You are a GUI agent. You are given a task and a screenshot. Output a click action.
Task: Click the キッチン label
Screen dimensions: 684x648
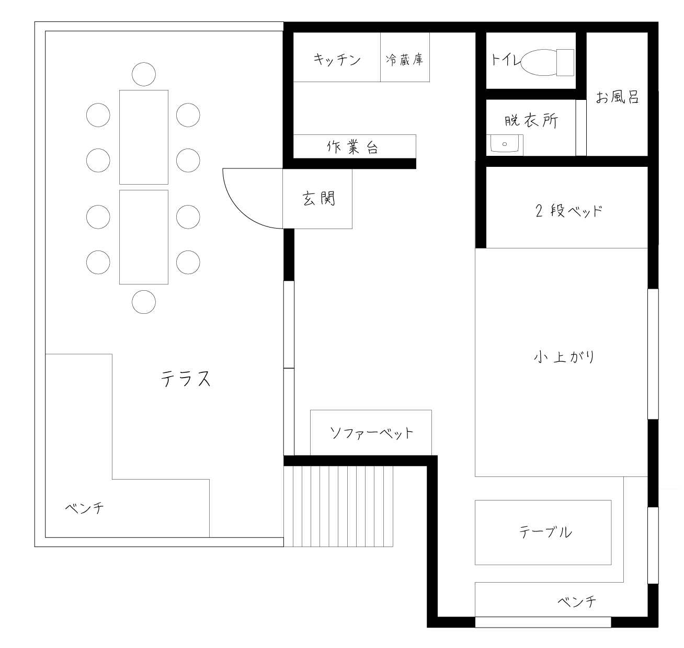coord(337,60)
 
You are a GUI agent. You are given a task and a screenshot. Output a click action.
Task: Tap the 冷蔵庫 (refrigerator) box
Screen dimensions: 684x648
coord(405,57)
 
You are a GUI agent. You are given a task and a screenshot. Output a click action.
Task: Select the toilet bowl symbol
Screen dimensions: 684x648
coord(539,62)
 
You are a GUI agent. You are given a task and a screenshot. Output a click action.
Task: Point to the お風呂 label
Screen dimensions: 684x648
coord(617,97)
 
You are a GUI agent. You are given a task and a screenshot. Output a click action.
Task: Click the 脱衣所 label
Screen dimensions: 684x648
coord(531,121)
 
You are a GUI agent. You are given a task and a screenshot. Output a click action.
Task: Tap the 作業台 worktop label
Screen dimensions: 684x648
coord(352,147)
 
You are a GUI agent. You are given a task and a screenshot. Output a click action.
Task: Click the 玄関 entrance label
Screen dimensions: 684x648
coord(318,198)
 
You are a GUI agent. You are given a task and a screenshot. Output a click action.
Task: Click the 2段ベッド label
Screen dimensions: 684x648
coord(568,211)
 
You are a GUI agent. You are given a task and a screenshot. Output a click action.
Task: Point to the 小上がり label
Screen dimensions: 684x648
coord(564,357)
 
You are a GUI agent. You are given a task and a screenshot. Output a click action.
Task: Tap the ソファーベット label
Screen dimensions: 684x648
coord(371,433)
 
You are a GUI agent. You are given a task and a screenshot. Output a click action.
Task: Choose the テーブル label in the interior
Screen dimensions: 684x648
coord(545,532)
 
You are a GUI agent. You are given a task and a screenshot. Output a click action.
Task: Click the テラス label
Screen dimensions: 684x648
coord(186,378)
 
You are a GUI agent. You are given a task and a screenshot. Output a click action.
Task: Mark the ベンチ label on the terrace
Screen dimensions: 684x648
coord(85,508)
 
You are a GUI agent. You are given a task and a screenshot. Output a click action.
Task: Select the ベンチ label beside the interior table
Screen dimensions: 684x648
coord(577,601)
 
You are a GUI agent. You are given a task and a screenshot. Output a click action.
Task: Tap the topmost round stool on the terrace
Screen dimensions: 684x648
coord(144,74)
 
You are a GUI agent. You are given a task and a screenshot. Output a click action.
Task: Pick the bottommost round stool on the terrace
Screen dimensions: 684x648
coord(144,302)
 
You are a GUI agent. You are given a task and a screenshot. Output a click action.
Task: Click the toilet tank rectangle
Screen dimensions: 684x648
coord(565,62)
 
